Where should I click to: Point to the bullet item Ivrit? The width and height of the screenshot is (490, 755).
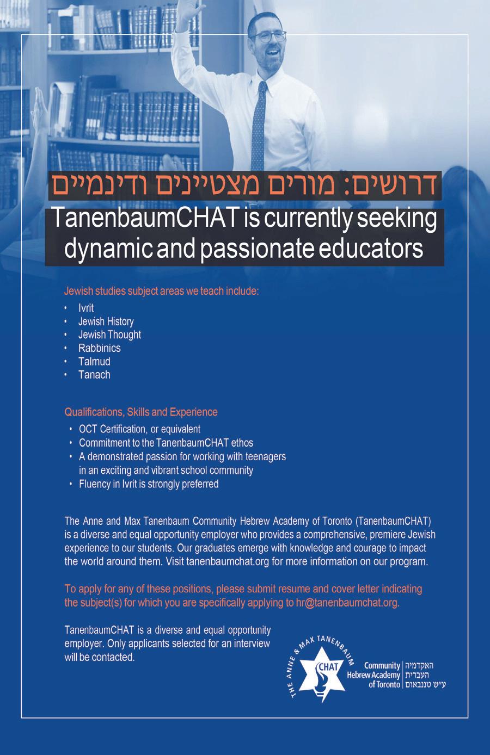[x=86, y=308]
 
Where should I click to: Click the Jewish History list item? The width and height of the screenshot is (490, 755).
[x=106, y=321]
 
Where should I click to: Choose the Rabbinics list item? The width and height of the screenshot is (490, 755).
[x=99, y=348]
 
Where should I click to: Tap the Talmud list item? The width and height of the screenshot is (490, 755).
[x=94, y=361]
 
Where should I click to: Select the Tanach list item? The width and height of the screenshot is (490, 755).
[x=94, y=375]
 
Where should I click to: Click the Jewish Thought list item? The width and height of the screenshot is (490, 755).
[x=109, y=335]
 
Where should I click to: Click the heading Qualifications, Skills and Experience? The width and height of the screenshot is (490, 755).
[x=141, y=412]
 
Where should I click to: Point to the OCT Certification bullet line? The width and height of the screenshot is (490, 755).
[x=139, y=429]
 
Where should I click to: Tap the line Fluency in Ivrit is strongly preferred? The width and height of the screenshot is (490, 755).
[x=149, y=484]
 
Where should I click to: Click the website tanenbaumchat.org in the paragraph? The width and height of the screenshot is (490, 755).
[x=228, y=562]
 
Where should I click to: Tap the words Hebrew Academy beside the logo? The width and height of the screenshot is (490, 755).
[x=373, y=675]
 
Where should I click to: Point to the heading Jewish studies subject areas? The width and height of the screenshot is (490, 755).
[x=161, y=291]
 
